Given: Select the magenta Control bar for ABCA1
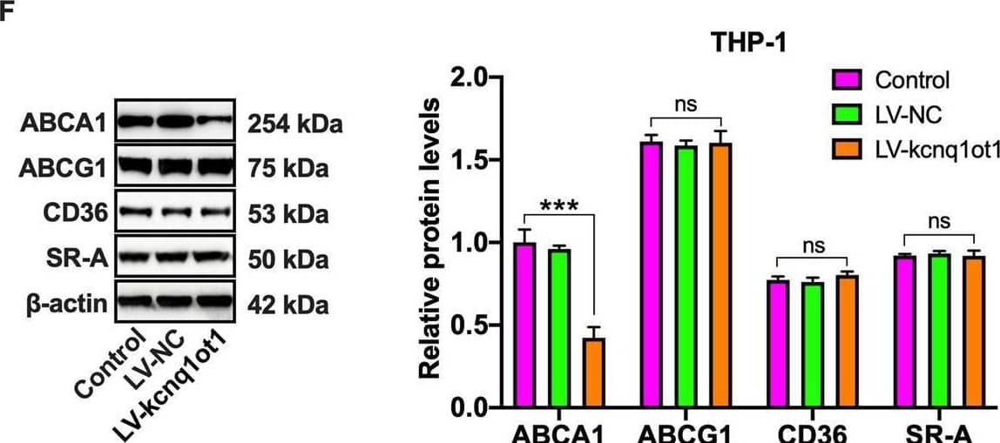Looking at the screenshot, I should tap(524, 326).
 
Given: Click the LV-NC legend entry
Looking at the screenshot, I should tap(906, 116).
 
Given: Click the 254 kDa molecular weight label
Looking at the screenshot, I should tap(290, 125).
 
